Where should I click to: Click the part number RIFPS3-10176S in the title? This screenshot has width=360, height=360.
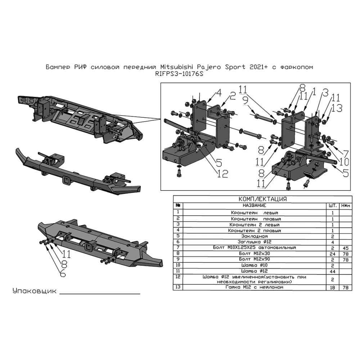click(179, 74)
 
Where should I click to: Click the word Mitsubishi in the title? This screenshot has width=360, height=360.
click(177, 67)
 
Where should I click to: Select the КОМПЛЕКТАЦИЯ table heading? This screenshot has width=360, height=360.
click(263, 199)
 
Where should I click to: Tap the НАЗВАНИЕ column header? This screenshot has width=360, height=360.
click(255, 206)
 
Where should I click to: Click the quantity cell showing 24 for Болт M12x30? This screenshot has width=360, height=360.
click(332, 254)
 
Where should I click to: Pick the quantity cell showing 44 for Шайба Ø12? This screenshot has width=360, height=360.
click(332, 271)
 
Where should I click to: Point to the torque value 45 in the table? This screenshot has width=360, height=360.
click(346, 248)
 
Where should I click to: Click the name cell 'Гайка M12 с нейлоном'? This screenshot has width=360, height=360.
click(255, 287)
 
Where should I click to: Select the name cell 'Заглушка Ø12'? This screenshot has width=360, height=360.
click(255, 242)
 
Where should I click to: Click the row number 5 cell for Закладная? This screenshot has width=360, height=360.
click(178, 236)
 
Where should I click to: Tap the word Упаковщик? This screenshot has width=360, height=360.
click(35, 291)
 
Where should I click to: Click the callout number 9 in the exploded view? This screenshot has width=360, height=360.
click(246, 100)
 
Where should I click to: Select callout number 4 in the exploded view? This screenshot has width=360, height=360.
click(219, 93)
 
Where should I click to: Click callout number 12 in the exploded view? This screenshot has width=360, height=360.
click(222, 174)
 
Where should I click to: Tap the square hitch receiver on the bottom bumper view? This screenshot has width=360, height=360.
click(88, 247)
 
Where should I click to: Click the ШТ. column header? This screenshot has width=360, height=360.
click(333, 206)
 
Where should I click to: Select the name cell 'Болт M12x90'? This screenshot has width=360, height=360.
click(255, 259)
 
